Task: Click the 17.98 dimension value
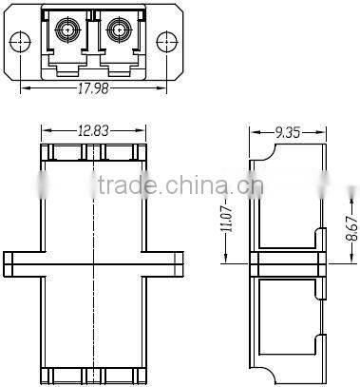93,88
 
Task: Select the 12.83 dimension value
93,130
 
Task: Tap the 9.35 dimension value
287,132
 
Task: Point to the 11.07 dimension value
226,219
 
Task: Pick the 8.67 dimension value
352,228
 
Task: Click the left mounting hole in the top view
20,42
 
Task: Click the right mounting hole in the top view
167,42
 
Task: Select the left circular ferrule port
67,30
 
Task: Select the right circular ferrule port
119,30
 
